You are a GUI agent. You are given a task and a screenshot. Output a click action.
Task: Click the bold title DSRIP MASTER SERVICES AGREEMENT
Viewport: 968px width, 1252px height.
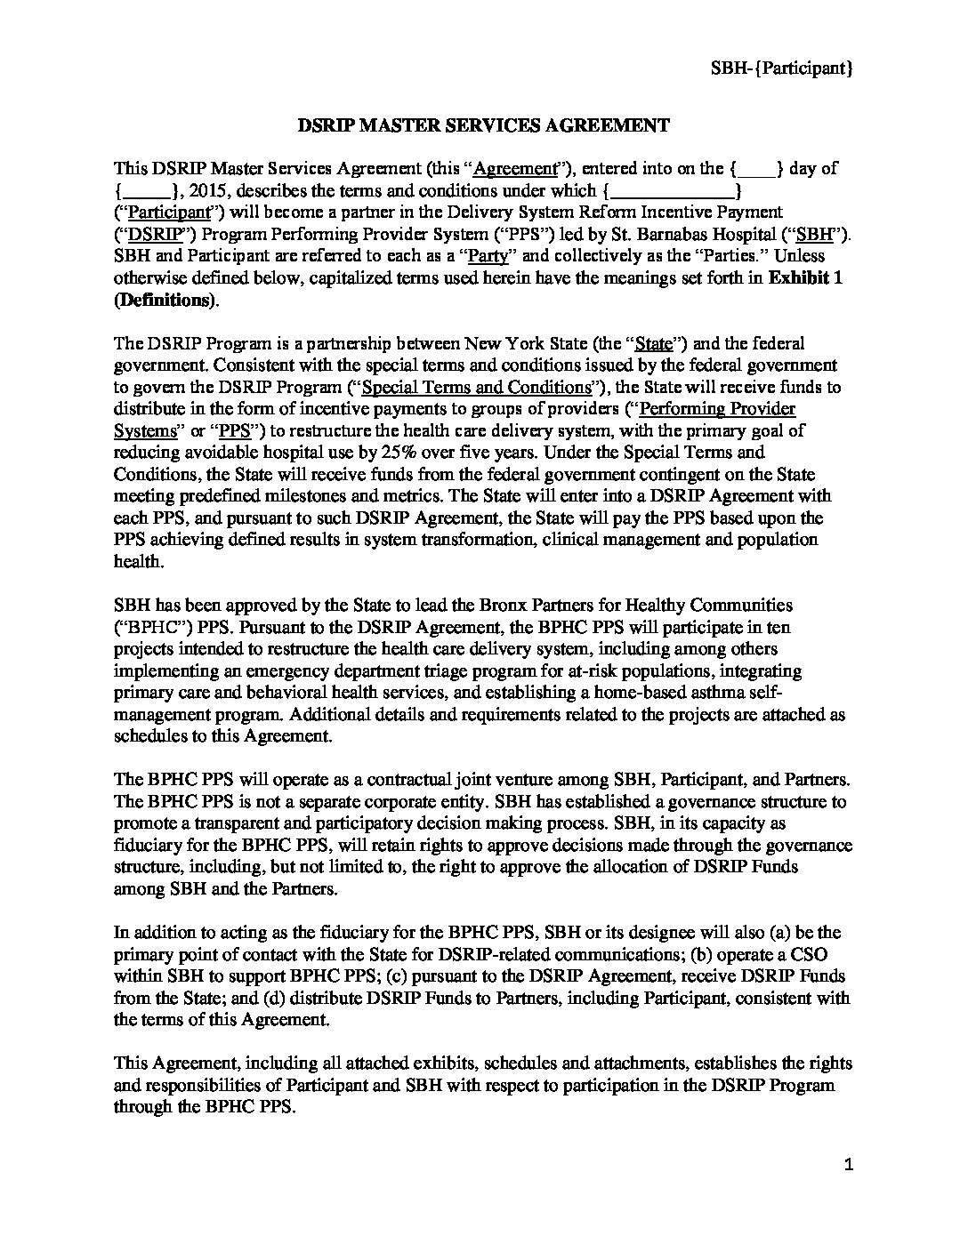pos(483,125)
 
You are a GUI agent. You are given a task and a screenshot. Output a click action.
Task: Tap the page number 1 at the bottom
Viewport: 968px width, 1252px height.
pos(848,1167)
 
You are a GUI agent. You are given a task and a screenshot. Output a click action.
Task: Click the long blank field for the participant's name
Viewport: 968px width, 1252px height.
pos(673,190)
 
